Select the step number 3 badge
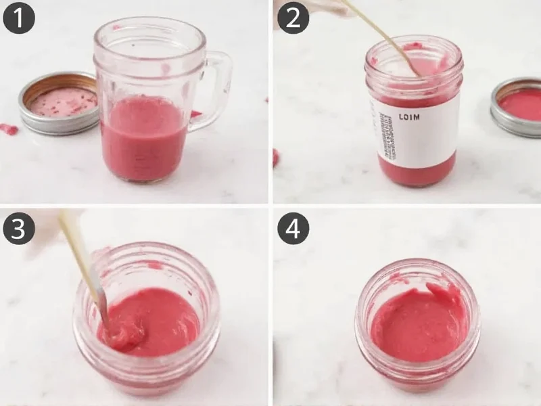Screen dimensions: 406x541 [19, 228]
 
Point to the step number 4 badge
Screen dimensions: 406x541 [293, 228]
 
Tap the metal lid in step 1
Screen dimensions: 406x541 [58, 103]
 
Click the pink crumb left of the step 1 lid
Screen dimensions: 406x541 [8, 128]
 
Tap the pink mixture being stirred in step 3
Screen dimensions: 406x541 [152, 318]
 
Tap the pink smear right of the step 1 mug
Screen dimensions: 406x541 [195, 114]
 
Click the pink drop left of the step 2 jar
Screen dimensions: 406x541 [276, 157]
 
